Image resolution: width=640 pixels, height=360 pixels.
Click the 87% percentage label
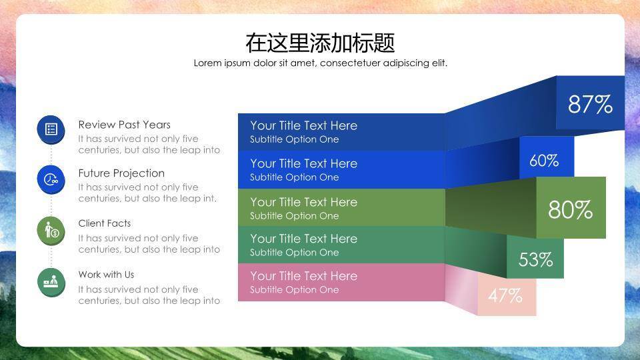(590, 104)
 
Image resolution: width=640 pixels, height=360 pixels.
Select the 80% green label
(570, 209)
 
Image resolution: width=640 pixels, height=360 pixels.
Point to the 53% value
(535, 259)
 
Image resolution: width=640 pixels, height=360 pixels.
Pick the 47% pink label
(505, 296)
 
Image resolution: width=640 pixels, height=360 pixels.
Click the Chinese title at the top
(320, 43)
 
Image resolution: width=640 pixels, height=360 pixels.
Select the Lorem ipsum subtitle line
(321, 63)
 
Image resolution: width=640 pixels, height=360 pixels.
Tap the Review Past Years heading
(125, 125)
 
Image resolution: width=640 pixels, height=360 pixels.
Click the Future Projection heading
(121, 173)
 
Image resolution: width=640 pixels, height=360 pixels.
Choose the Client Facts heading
(105, 223)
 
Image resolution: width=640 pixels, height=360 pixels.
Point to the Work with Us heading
(106, 275)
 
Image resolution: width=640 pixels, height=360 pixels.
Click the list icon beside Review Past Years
(51, 129)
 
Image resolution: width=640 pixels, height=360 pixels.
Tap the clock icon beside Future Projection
(51, 179)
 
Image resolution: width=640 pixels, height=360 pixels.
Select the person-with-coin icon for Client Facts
(51, 231)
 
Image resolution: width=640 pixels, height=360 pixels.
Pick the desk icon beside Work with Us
(51, 281)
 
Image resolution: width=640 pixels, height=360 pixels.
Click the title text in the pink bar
(304, 276)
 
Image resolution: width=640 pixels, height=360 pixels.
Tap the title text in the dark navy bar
(304, 125)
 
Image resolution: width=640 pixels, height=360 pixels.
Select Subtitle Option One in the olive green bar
(294, 216)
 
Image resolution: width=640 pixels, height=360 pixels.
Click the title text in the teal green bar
(304, 239)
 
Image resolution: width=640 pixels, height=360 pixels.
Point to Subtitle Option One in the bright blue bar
(294, 177)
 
